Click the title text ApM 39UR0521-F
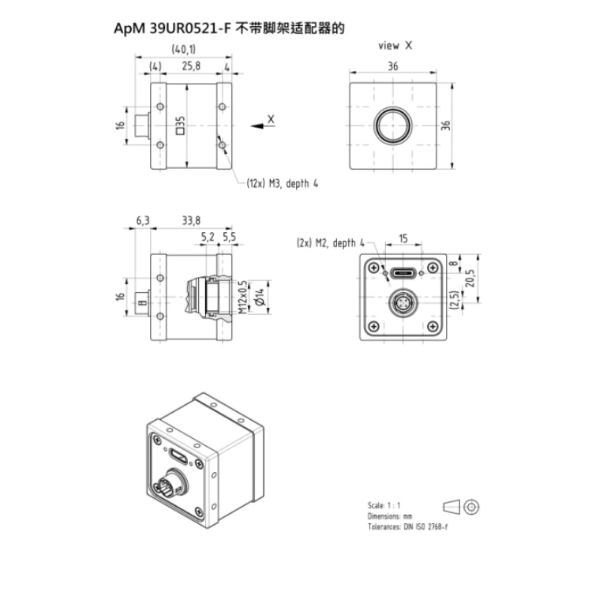click(172, 28)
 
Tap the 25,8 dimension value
click(191, 66)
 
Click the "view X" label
click(395, 46)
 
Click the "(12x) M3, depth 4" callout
click(282, 184)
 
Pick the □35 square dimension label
click(181, 126)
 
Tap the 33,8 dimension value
click(191, 220)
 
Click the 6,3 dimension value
click(143, 220)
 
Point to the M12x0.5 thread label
click(243, 298)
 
